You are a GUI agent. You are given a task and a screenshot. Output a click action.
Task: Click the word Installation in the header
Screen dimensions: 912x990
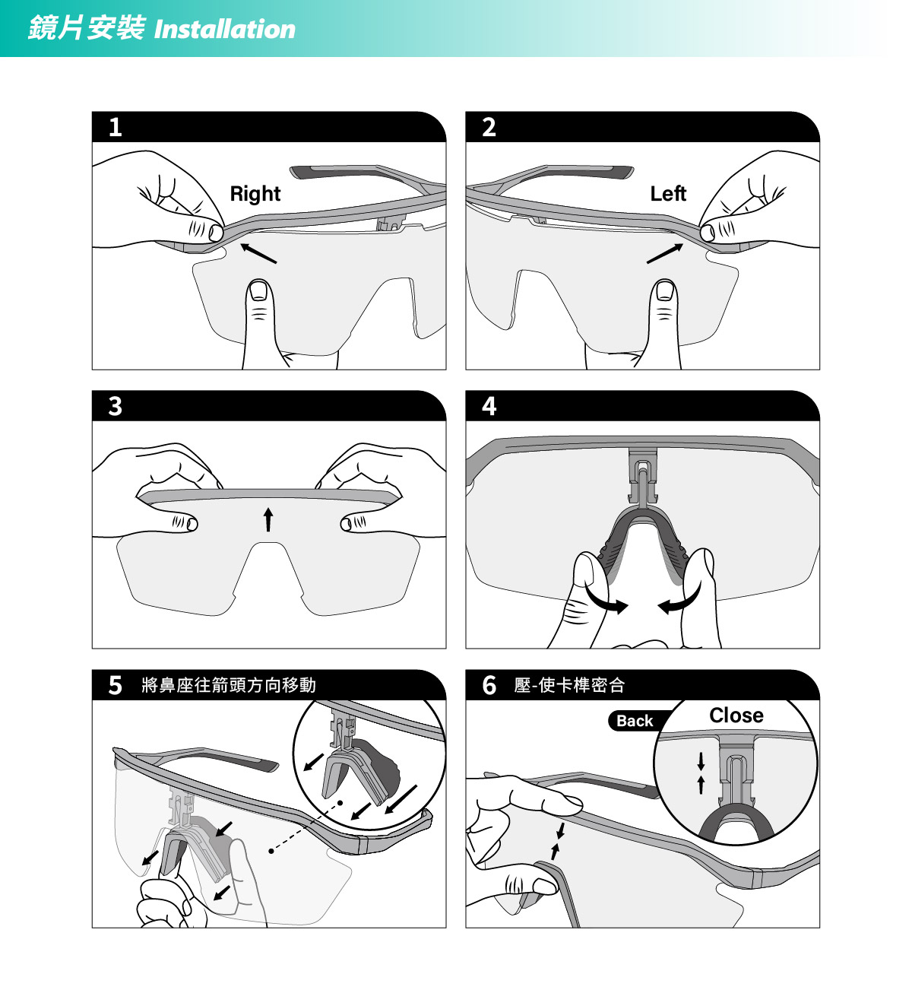[225, 29]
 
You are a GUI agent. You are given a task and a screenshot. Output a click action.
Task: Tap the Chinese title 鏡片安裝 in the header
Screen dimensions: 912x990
[87, 27]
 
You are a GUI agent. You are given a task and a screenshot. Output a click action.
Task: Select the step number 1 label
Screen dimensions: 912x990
[115, 127]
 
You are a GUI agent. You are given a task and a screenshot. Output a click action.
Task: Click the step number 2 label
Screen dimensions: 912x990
[489, 127]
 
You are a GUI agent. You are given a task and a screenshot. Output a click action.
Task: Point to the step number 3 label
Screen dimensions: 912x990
[115, 406]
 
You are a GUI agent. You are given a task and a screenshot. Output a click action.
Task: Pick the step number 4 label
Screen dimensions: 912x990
[489, 406]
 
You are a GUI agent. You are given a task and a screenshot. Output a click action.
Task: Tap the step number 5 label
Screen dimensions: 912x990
[115, 685]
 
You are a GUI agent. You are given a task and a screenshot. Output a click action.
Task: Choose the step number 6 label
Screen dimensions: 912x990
[489, 685]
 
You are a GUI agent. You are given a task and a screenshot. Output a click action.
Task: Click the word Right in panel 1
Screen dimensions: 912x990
[255, 194]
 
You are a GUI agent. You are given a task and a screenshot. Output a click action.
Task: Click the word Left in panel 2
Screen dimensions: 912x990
[668, 193]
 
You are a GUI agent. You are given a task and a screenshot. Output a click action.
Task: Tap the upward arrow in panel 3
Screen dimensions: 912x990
[268, 519]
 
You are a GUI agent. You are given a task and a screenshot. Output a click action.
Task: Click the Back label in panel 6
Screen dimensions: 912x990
[635, 721]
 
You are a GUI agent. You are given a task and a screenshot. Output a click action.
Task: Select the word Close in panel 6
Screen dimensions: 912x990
[736, 715]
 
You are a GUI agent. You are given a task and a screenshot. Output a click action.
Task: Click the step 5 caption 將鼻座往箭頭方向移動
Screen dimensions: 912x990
[229, 685]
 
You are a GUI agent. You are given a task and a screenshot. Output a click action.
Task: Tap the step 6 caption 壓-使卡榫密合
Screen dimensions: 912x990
[569, 685]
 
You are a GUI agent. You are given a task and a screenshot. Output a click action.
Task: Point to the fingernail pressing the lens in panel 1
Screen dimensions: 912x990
[258, 290]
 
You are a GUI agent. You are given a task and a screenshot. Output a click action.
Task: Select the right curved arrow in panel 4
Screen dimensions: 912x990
[680, 598]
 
